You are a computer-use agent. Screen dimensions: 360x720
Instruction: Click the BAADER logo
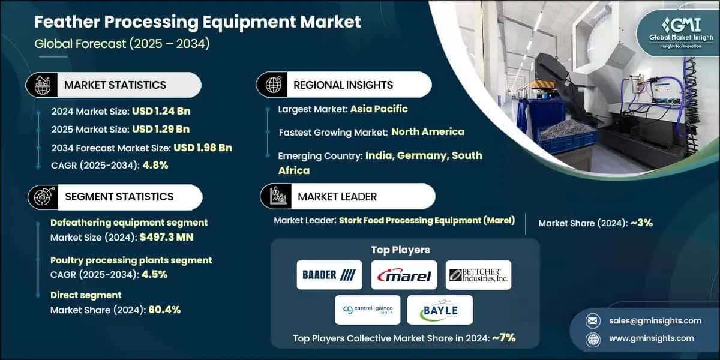point(329,275)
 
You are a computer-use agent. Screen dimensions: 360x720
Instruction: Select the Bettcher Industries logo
point(479,275)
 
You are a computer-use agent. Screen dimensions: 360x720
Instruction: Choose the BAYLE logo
point(440,310)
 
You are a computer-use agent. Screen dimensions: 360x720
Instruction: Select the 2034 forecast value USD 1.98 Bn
point(203,148)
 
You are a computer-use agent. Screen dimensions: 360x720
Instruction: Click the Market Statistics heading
point(115,85)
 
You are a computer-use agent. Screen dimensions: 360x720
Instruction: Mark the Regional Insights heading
point(343,85)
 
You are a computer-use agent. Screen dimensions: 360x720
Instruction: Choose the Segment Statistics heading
point(119,197)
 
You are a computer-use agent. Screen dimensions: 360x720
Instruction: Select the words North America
point(428,132)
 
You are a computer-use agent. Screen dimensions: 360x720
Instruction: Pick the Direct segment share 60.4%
point(159,310)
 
